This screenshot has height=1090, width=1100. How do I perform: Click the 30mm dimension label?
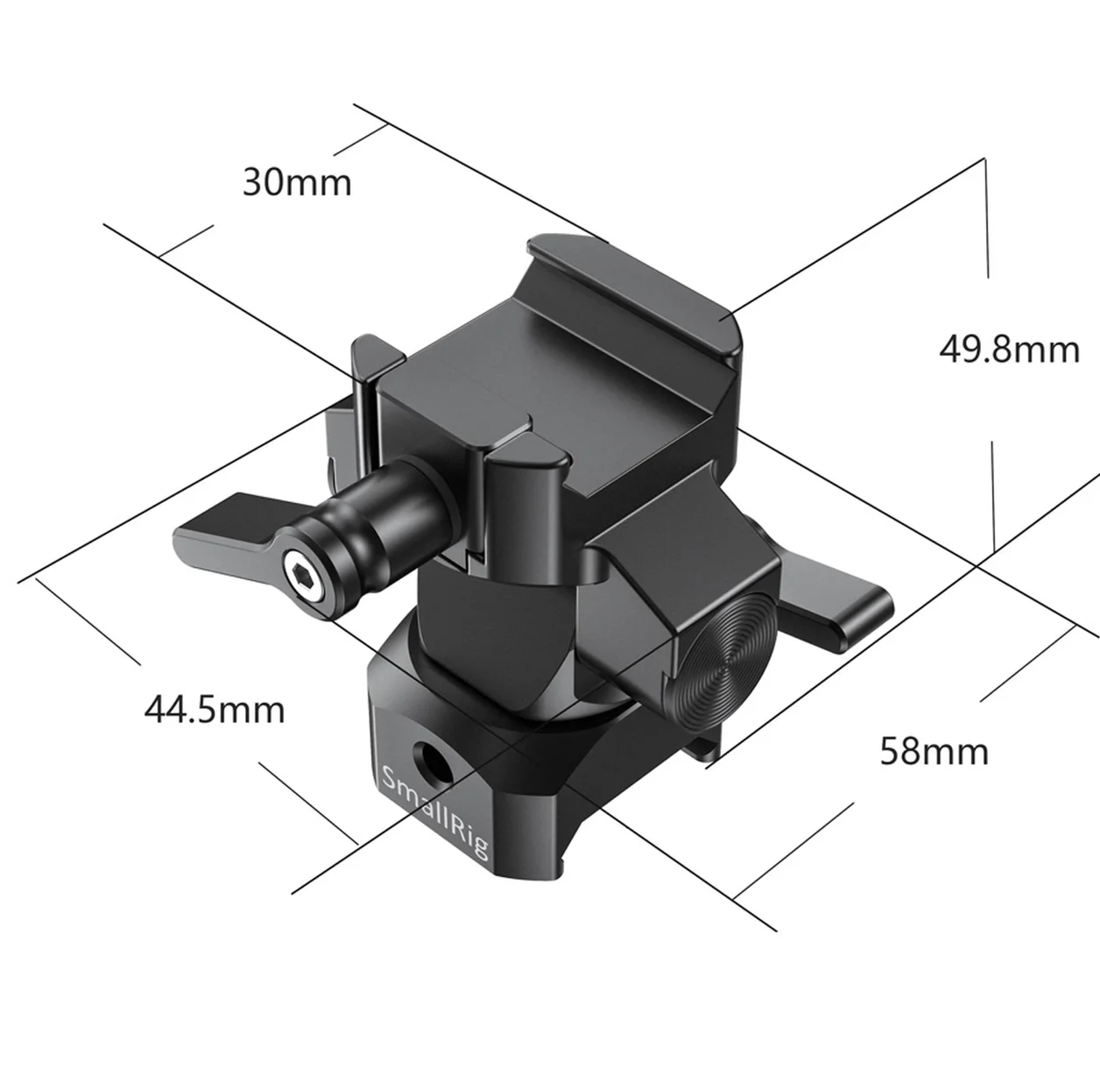tap(297, 183)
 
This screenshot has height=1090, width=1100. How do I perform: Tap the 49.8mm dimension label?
tap(1009, 350)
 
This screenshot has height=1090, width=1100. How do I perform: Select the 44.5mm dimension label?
tap(214, 710)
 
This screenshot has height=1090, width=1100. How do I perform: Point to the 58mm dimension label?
tap(934, 751)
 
